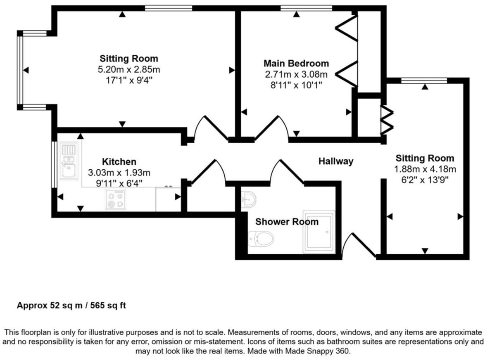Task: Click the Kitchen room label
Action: pyautogui.click(x=119, y=161)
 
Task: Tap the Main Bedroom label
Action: pyautogui.click(x=296, y=64)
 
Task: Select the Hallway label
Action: pyautogui.click(x=336, y=161)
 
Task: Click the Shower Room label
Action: pyautogui.click(x=287, y=222)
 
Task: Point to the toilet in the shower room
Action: pyautogui.click(x=262, y=239)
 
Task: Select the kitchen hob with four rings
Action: pyautogui.click(x=115, y=199)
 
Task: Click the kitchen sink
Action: pyautogui.click(x=69, y=161)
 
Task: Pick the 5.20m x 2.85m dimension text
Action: pyautogui.click(x=129, y=69)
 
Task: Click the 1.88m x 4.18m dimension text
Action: pyautogui.click(x=425, y=169)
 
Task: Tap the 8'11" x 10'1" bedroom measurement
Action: pyautogui.click(x=296, y=85)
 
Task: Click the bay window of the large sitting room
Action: pyautogui.click(x=19, y=70)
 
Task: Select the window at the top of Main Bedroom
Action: pyautogui.click(x=306, y=7)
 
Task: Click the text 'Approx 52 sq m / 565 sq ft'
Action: pyautogui.click(x=71, y=306)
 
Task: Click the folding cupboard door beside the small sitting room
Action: pyautogui.click(x=387, y=120)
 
